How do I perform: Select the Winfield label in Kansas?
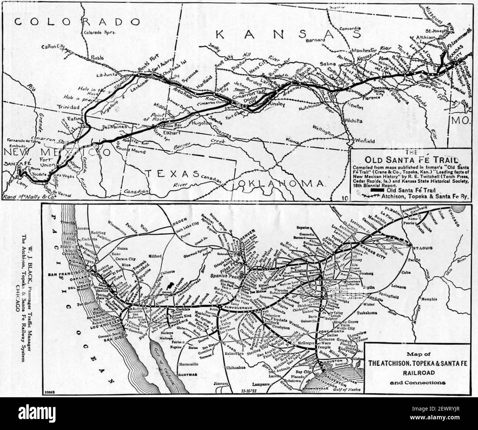click(x=365, y=141)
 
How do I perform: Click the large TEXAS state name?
click(x=169, y=173)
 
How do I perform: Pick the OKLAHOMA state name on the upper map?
click(x=281, y=183)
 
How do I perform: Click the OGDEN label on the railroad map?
click(x=179, y=225)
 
